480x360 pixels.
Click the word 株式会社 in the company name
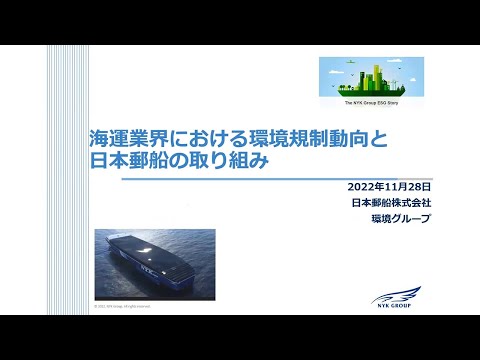401,203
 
